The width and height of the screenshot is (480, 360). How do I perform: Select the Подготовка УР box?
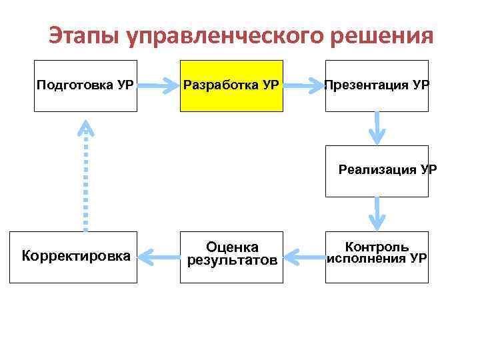pyautogui.click(x=85, y=85)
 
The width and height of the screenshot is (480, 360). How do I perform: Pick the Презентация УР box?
pyautogui.click(x=377, y=85)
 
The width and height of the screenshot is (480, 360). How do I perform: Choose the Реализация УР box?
pyautogui.click(x=377, y=171)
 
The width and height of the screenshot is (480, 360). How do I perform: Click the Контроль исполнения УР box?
pyautogui.click(x=377, y=257)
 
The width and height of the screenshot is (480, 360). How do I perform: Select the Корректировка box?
pyautogui.click(x=73, y=257)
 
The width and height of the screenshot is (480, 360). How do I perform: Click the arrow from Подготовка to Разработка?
pyautogui.click(x=159, y=85)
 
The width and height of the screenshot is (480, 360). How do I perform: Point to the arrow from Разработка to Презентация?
pyautogui.click(x=304, y=85)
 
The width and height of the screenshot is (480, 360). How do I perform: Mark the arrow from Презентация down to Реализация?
pyautogui.click(x=377, y=127)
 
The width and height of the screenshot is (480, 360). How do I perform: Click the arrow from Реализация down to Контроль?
pyautogui.click(x=377, y=214)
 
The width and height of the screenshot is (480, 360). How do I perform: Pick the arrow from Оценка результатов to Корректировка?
pyautogui.click(x=159, y=255)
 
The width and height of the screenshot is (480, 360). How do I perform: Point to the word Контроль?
pyautogui.click(x=377, y=247)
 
